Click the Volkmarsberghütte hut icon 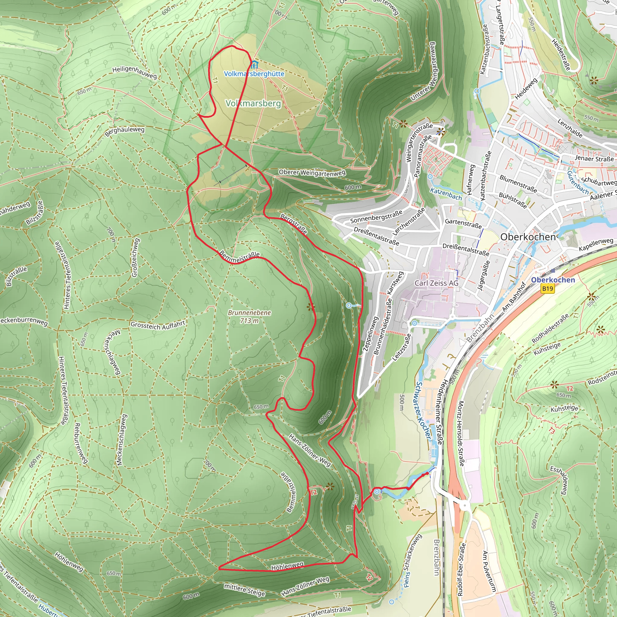[255, 65]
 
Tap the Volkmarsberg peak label [253, 103]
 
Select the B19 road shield [547, 289]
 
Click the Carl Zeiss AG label [436, 283]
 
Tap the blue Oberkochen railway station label [553, 280]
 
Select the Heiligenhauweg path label [134, 73]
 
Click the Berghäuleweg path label [124, 131]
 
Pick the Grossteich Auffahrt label [158, 325]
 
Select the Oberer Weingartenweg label [312, 173]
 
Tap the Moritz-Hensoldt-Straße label [461, 433]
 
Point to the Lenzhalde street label [570, 128]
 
